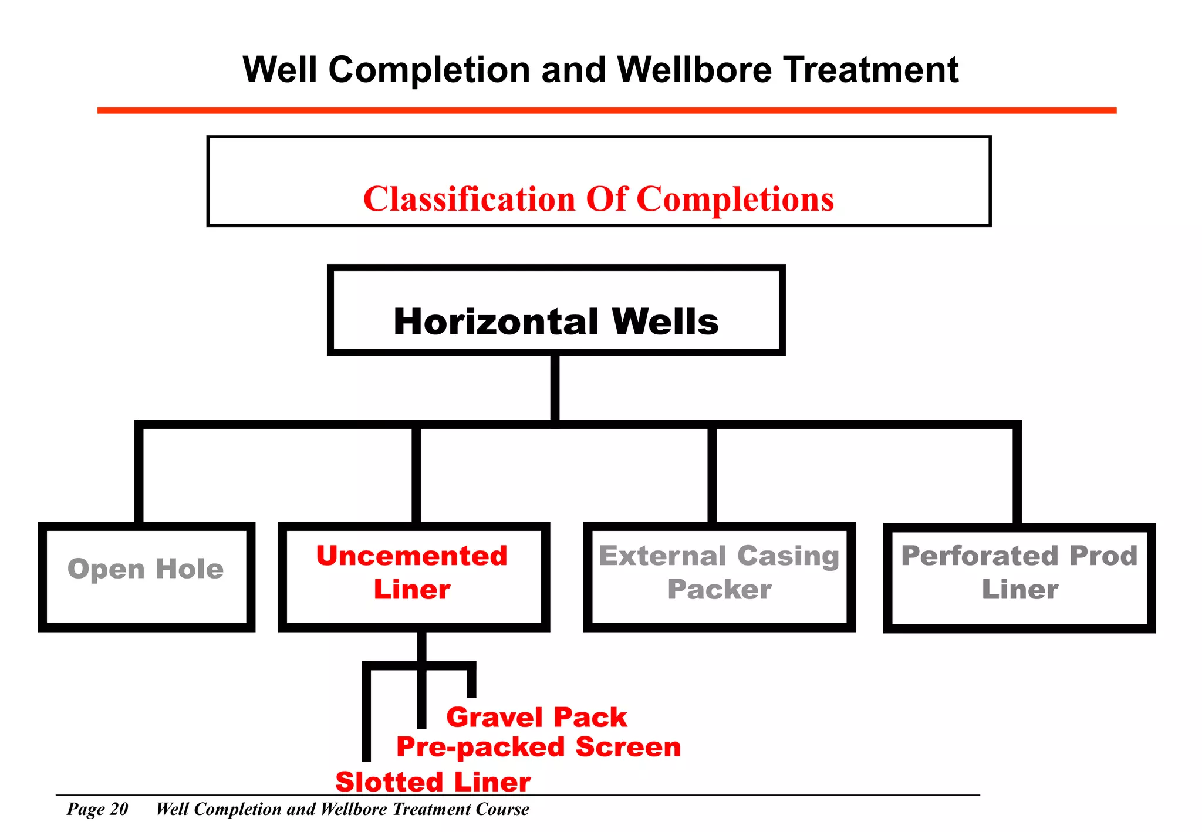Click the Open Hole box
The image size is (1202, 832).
click(146, 576)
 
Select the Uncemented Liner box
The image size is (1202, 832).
click(413, 576)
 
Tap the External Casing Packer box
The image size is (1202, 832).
click(719, 576)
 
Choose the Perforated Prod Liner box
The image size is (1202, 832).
click(1019, 577)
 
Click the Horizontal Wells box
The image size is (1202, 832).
click(556, 310)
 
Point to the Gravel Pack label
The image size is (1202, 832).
click(536, 717)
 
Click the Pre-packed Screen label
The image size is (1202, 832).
click(538, 746)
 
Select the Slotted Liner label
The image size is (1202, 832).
click(433, 782)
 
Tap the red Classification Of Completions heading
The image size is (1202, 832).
click(598, 199)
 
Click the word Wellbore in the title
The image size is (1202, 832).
click(694, 70)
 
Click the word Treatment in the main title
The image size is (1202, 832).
click(871, 70)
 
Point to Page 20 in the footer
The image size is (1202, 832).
click(97, 809)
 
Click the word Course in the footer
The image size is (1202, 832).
click(502, 809)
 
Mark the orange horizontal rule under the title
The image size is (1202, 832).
click(606, 110)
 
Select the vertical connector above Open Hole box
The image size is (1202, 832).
click(139, 475)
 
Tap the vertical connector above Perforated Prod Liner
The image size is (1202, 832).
click(1017, 475)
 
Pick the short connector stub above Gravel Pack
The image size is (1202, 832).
click(471, 681)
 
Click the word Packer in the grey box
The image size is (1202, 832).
click(719, 589)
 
